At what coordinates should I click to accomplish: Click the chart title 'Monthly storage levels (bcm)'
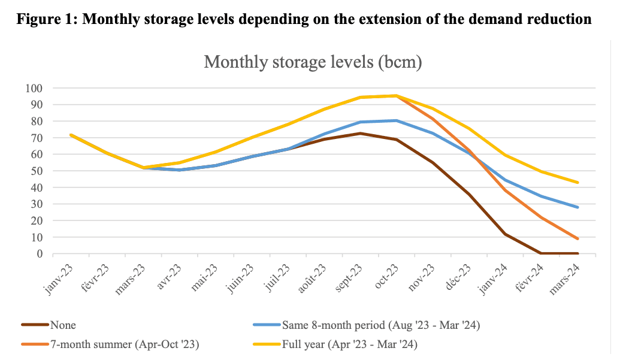pyautogui.click(x=313, y=62)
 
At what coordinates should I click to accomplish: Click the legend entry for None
pyautogui.click(x=63, y=325)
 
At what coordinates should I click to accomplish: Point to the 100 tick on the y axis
pyautogui.click(x=34, y=88)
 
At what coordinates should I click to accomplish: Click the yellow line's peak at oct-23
pyautogui.click(x=395, y=95)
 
